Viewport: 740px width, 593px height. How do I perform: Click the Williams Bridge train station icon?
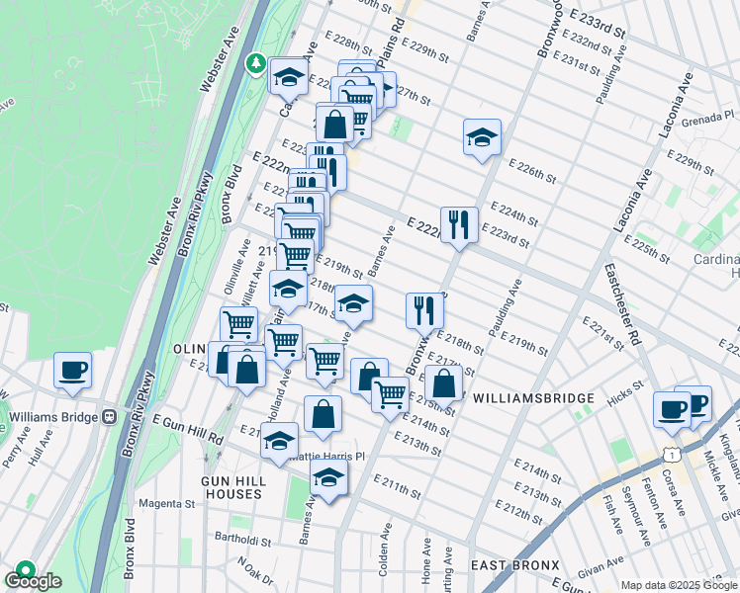(110, 416)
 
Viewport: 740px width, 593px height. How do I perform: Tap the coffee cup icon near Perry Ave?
(73, 372)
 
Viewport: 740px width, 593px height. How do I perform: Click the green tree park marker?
(256, 64)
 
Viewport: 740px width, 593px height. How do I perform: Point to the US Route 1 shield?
(672, 452)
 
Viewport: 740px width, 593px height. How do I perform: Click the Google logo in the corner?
(34, 581)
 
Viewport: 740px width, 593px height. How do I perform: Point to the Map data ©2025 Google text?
(678, 585)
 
